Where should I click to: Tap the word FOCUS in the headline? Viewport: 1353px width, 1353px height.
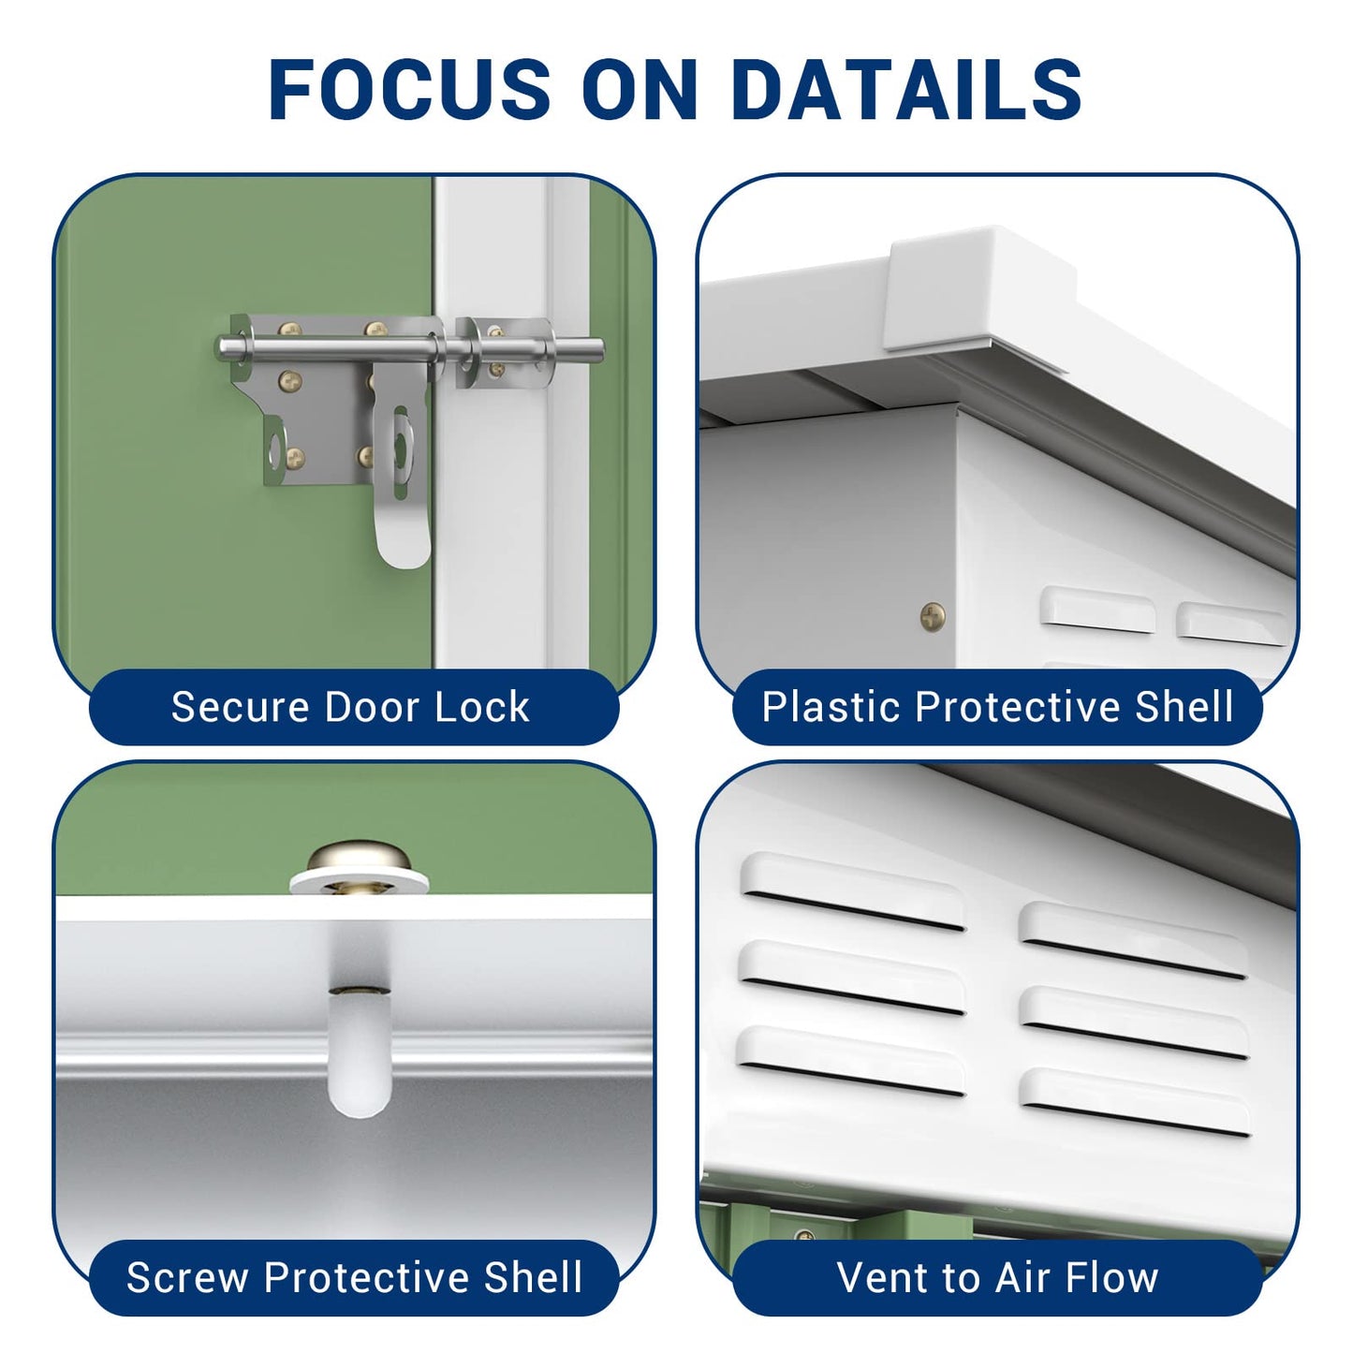pyautogui.click(x=410, y=88)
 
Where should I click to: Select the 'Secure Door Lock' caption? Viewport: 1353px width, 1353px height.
pyautogui.click(x=350, y=706)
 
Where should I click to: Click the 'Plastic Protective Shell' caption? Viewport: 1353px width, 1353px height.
pyautogui.click(x=997, y=706)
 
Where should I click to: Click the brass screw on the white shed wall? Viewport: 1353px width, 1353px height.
pyautogui.click(x=933, y=616)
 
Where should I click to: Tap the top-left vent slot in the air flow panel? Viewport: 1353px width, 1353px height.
pyautogui.click(x=852, y=891)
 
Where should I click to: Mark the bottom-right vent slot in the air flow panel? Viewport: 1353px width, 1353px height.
pyautogui.click(x=1135, y=1101)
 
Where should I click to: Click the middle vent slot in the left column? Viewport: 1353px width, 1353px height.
pyautogui.click(x=852, y=978)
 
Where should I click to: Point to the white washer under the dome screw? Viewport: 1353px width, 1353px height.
pyautogui.click(x=359, y=881)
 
